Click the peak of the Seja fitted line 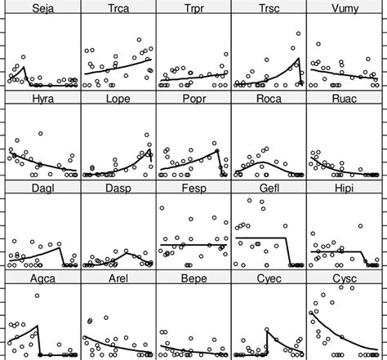coord(24,67)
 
